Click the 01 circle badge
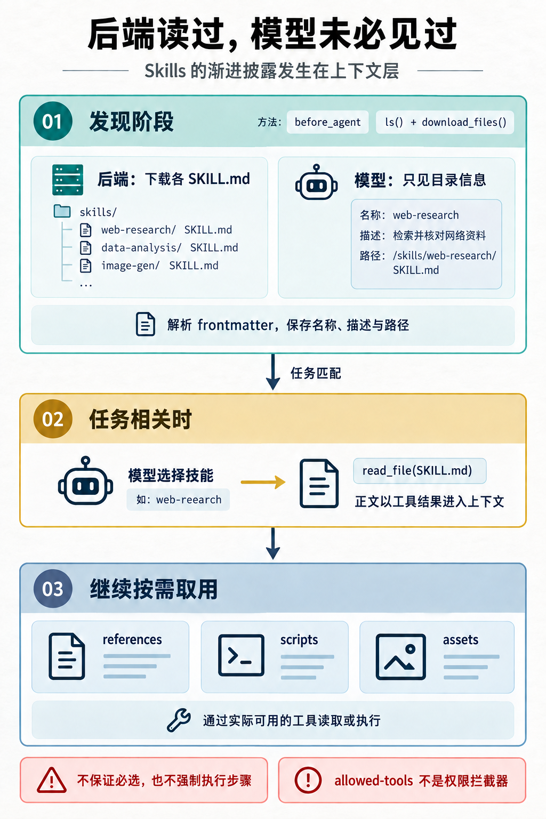click(53, 121)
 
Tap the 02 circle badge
click(53, 419)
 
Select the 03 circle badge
click(53, 589)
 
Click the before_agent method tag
click(328, 122)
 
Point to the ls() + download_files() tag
click(445, 122)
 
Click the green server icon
click(68, 180)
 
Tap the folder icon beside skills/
click(62, 211)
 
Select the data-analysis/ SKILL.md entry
click(170, 247)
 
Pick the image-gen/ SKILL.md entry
click(160, 266)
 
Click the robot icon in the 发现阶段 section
click(316, 182)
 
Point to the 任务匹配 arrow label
click(316, 373)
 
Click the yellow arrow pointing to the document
click(263, 482)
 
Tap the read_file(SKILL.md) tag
click(420, 471)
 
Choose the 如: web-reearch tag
click(179, 500)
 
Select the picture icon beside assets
click(401, 657)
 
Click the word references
click(132, 639)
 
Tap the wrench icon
click(179, 719)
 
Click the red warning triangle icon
click(52, 780)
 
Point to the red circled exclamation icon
click(308, 780)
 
